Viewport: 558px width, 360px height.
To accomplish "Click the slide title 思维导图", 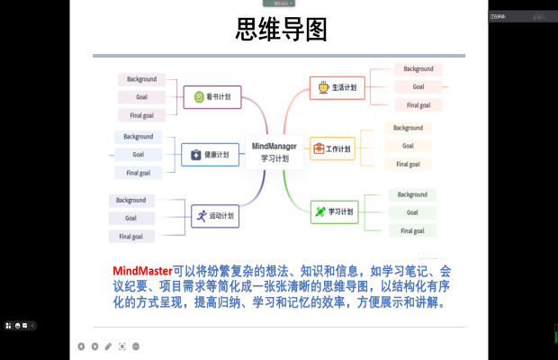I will (x=279, y=30).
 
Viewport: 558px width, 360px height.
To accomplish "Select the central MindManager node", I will (x=273, y=150).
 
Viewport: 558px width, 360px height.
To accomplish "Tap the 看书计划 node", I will (x=212, y=96).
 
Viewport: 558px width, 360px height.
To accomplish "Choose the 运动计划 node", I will (x=213, y=215).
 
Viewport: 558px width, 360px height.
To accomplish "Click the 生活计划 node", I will (x=337, y=87).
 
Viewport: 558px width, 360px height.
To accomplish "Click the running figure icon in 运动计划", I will (x=199, y=215).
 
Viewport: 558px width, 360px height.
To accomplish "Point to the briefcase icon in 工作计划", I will (x=318, y=148).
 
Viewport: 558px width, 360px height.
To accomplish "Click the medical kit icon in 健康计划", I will (x=196, y=155).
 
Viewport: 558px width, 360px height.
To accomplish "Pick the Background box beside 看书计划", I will (x=141, y=79).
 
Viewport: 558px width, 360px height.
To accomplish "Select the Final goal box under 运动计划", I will (x=132, y=236).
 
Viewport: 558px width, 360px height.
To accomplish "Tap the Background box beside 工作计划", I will (x=408, y=128).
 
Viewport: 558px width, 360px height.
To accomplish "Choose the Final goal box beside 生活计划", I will (x=418, y=104).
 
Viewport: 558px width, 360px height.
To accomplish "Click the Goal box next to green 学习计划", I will (x=412, y=212).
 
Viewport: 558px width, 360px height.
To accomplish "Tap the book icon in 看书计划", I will (x=198, y=96).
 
